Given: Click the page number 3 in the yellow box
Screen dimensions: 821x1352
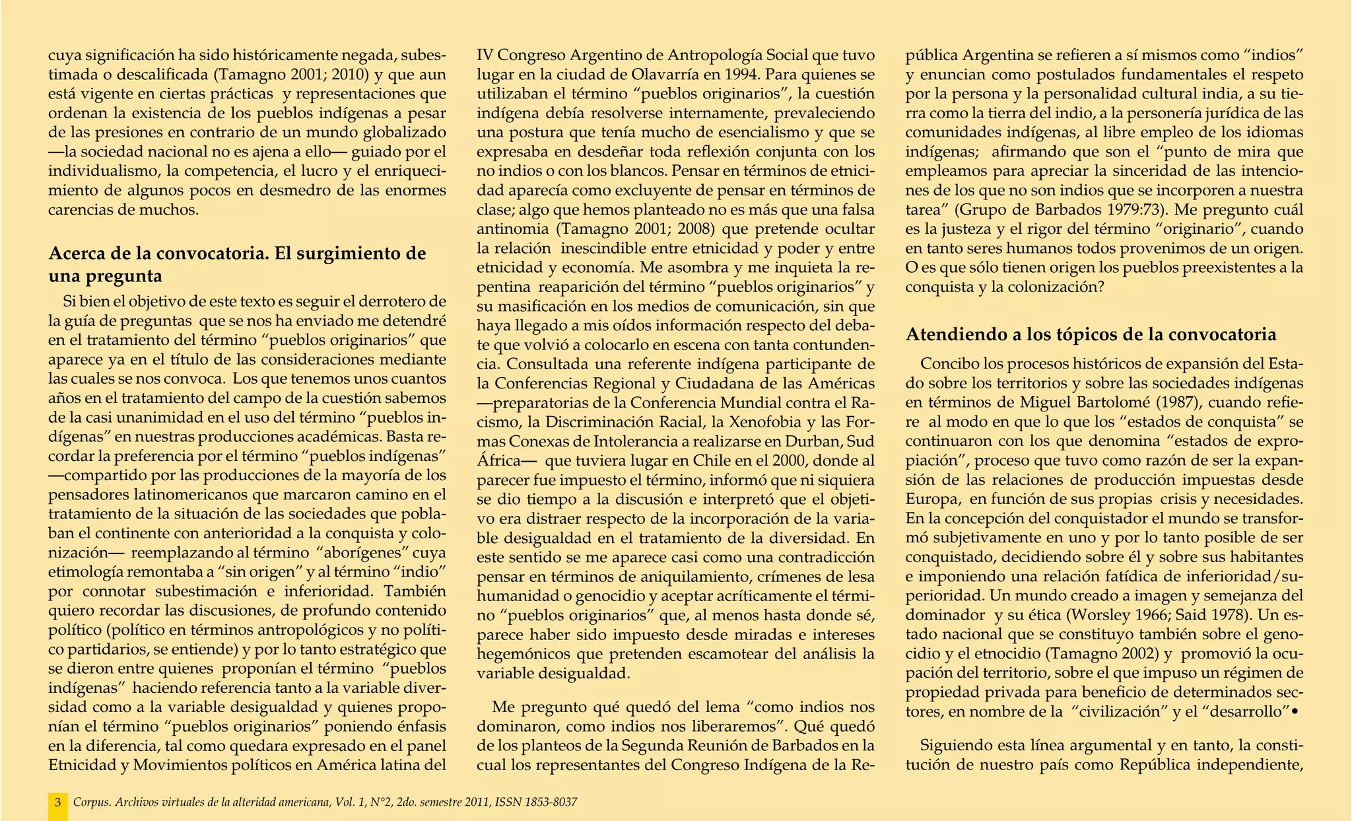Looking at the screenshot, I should click(x=58, y=803).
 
